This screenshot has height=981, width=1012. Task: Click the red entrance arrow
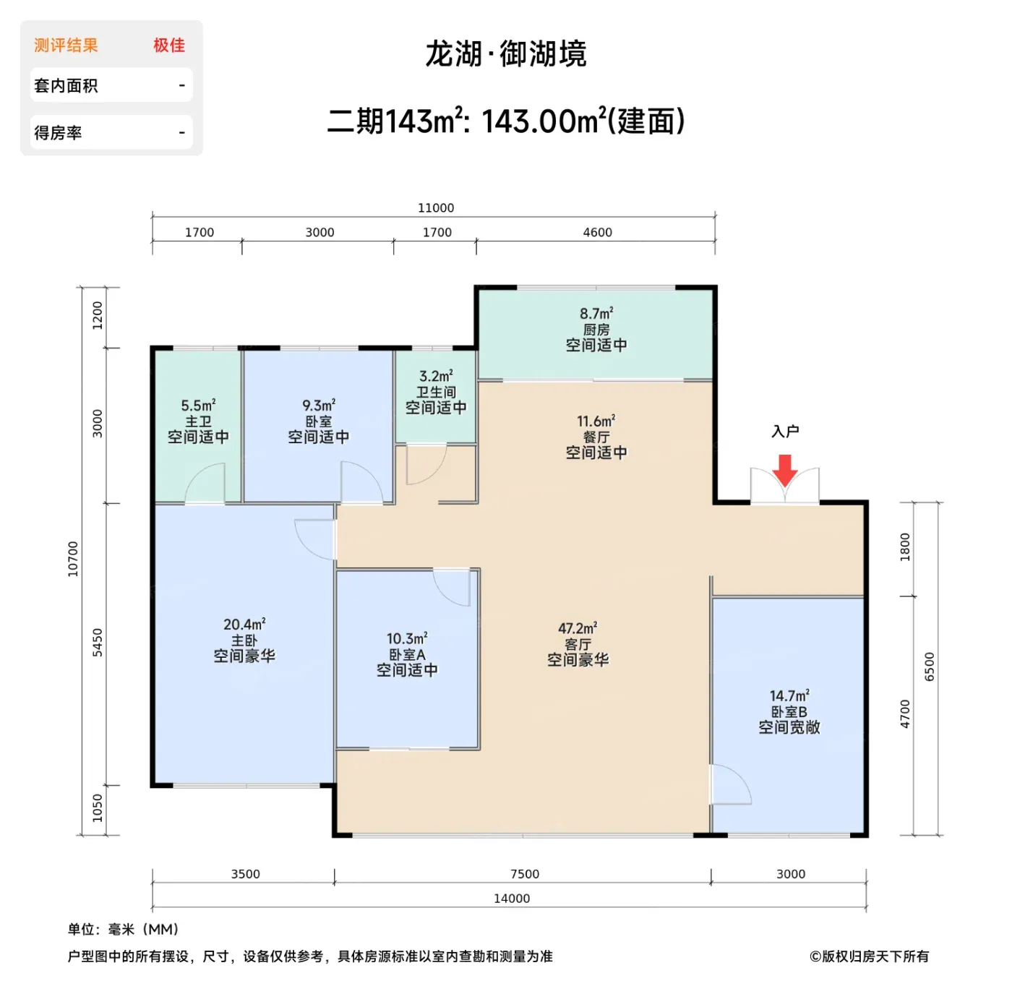(784, 471)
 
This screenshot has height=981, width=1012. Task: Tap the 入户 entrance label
(785, 431)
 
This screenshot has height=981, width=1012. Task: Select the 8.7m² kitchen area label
(596, 314)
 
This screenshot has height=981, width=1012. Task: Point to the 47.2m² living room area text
(578, 628)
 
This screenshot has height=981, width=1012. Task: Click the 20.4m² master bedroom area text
(244, 624)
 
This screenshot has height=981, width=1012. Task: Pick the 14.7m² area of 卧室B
(789, 696)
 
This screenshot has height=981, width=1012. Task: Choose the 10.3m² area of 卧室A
(407, 639)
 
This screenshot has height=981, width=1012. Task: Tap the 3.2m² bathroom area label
(436, 376)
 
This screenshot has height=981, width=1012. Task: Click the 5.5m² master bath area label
(198, 405)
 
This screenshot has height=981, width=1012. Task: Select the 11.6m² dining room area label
(596, 421)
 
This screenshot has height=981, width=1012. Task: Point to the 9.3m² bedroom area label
(319, 405)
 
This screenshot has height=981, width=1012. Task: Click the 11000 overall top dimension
(436, 208)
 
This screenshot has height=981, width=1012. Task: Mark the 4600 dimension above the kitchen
(597, 233)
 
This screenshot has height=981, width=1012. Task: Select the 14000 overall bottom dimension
(512, 899)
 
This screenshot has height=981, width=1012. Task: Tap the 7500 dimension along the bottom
(524, 874)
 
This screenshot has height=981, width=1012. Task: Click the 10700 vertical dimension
(73, 559)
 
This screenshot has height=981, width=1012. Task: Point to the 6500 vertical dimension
(930, 667)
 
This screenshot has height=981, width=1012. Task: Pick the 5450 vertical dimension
(98, 643)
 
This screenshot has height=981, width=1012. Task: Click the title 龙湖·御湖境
(506, 53)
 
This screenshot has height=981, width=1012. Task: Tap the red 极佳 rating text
(169, 46)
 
